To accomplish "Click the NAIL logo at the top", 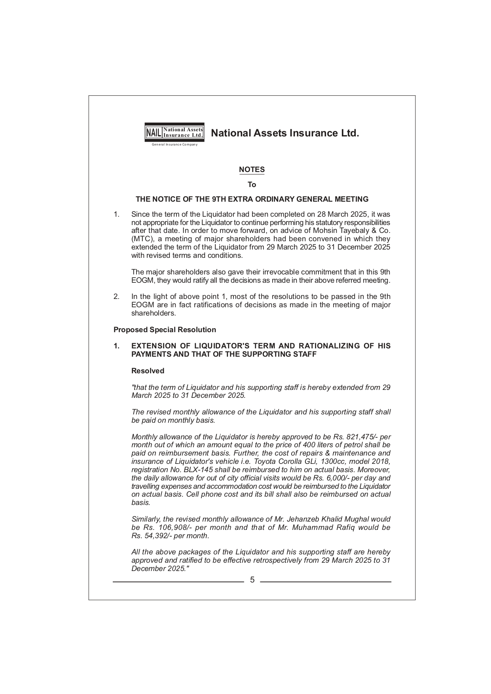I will pos(174,132).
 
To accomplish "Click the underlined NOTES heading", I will pos(252,170).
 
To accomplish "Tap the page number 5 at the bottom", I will pos(252,580).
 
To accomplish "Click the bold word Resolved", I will pos(148,371).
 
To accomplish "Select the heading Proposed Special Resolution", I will pos(165,330).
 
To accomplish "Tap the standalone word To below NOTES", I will pos(252,185).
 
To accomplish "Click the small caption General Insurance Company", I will pos(174,144).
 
